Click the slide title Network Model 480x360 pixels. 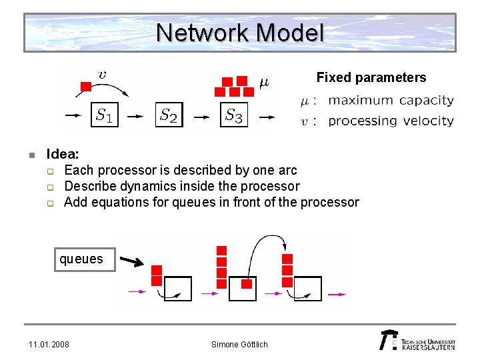pyautogui.click(x=240, y=32)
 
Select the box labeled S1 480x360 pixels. pyautogui.click(x=104, y=115)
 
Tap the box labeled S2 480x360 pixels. pyautogui.click(x=169, y=115)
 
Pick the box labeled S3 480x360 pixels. pyautogui.click(x=233, y=115)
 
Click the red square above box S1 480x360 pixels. pyautogui.click(x=85, y=86)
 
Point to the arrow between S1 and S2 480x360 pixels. pyautogui.click(x=136, y=116)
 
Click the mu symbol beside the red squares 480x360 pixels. pyautogui.click(x=263, y=83)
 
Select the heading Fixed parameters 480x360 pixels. pyautogui.click(x=371, y=77)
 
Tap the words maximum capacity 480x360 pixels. pyautogui.click(x=391, y=101)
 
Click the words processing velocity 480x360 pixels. pyautogui.click(x=391, y=121)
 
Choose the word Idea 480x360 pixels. pyautogui.click(x=62, y=155)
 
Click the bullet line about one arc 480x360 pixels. pyautogui.click(x=180, y=170)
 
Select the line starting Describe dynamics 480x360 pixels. pyautogui.click(x=181, y=186)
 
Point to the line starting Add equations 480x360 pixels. pyautogui.click(x=211, y=202)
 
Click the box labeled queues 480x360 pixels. pyautogui.click(x=81, y=259)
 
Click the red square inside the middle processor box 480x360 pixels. pyautogui.click(x=247, y=284)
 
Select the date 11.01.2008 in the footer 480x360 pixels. pyautogui.click(x=49, y=344)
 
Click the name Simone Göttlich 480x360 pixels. pyautogui.click(x=239, y=344)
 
